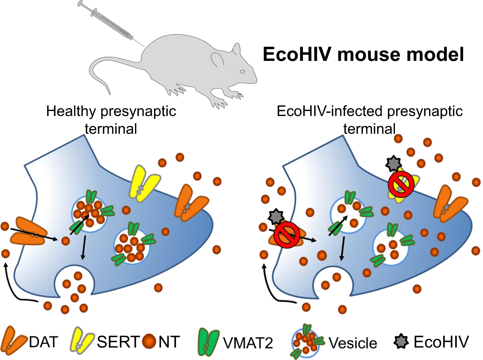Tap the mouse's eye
(242, 72)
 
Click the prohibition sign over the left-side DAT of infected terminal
(287, 234)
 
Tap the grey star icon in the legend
(401, 342)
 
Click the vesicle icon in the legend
(306, 342)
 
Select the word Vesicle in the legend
(352, 343)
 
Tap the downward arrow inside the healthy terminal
(83, 247)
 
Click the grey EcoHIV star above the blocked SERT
(393, 163)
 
